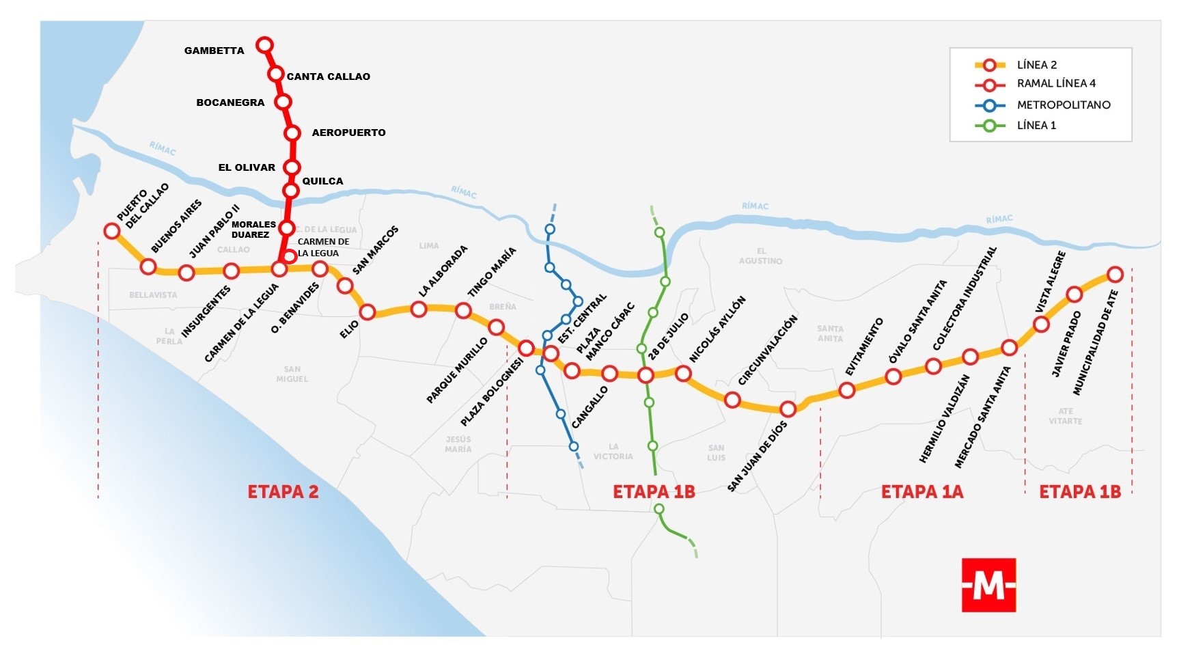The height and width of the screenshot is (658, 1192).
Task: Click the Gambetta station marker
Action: click(x=264, y=45)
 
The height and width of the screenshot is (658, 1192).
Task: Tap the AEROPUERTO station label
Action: click(x=348, y=133)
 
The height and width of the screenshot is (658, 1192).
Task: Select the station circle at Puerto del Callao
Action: click(x=112, y=231)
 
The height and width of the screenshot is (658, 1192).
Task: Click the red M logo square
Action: click(x=988, y=585)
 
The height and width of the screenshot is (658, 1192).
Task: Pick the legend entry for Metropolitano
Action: click(x=1063, y=105)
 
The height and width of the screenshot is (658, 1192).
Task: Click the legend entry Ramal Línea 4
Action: click(x=1055, y=83)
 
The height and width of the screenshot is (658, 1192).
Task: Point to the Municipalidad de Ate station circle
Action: click(x=1115, y=275)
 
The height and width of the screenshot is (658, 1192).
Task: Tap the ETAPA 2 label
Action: click(x=283, y=492)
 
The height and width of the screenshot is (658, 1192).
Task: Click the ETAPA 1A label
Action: click(x=921, y=492)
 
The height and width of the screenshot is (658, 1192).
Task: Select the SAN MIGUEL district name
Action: click(x=292, y=374)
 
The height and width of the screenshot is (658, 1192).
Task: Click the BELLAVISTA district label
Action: click(x=153, y=295)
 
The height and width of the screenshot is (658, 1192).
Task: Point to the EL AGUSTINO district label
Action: click(x=760, y=256)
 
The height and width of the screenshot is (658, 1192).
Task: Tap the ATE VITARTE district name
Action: click(x=1065, y=416)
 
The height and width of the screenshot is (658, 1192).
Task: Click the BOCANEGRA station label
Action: click(x=230, y=102)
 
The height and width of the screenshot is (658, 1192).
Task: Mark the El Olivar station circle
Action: click(x=292, y=167)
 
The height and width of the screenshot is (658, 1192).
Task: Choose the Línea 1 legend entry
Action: click(x=1036, y=126)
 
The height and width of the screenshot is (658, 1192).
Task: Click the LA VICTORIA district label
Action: click(x=613, y=452)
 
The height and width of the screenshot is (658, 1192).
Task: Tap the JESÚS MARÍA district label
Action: click(x=458, y=444)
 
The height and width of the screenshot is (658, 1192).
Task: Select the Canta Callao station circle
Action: click(x=276, y=74)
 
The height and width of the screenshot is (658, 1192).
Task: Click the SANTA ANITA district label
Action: click(x=830, y=333)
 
